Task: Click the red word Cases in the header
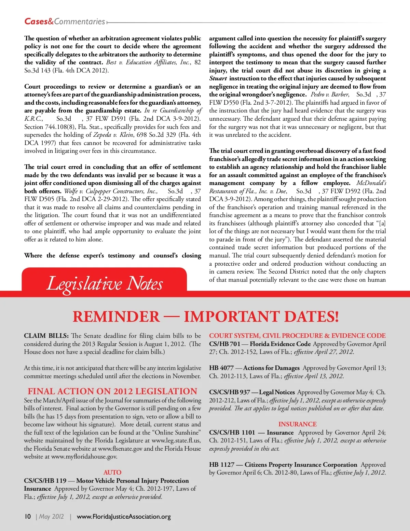pyautogui.click(x=36, y=22)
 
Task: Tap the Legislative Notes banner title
pyautogui.click(x=105, y=283)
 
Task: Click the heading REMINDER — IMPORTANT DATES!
pyautogui.click(x=206, y=317)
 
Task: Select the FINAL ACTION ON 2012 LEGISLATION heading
pyautogui.click(x=112, y=391)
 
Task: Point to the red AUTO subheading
pyautogui.click(x=112, y=472)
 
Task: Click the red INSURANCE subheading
pyautogui.click(x=297, y=424)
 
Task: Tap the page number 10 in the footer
pyautogui.click(x=28, y=516)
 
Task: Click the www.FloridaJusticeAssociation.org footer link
pyautogui.click(x=124, y=516)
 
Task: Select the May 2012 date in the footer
pyautogui.click(x=52, y=516)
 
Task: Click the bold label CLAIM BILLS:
pyautogui.click(x=46, y=336)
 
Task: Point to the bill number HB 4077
pyautogui.click(x=221, y=368)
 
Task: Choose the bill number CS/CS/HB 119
pyautogui.click(x=45, y=480)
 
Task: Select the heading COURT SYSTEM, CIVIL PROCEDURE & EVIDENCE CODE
pyautogui.click(x=297, y=336)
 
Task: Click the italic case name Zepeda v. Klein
pyautogui.click(x=113, y=135)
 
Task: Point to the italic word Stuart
pyautogui.click(x=218, y=78)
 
